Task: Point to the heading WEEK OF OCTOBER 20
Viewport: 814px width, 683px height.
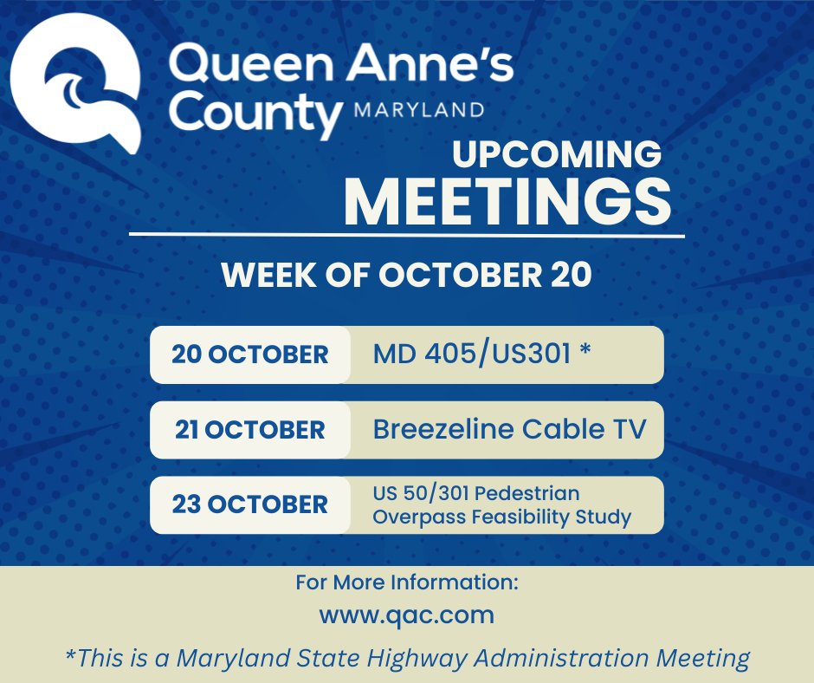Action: point(407,276)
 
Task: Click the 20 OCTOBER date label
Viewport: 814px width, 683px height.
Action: point(249,355)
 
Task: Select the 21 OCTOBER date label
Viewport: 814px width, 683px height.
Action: point(249,430)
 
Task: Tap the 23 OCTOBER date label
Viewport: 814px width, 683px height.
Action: point(249,504)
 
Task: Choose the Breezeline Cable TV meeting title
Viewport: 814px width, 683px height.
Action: point(509,429)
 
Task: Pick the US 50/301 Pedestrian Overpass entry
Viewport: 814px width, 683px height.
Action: point(501,505)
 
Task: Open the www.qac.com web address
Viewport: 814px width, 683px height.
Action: point(406,615)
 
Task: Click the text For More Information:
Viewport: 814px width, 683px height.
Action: point(406,582)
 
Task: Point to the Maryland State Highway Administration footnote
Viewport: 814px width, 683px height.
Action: point(407,658)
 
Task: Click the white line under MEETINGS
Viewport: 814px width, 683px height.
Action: point(407,235)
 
